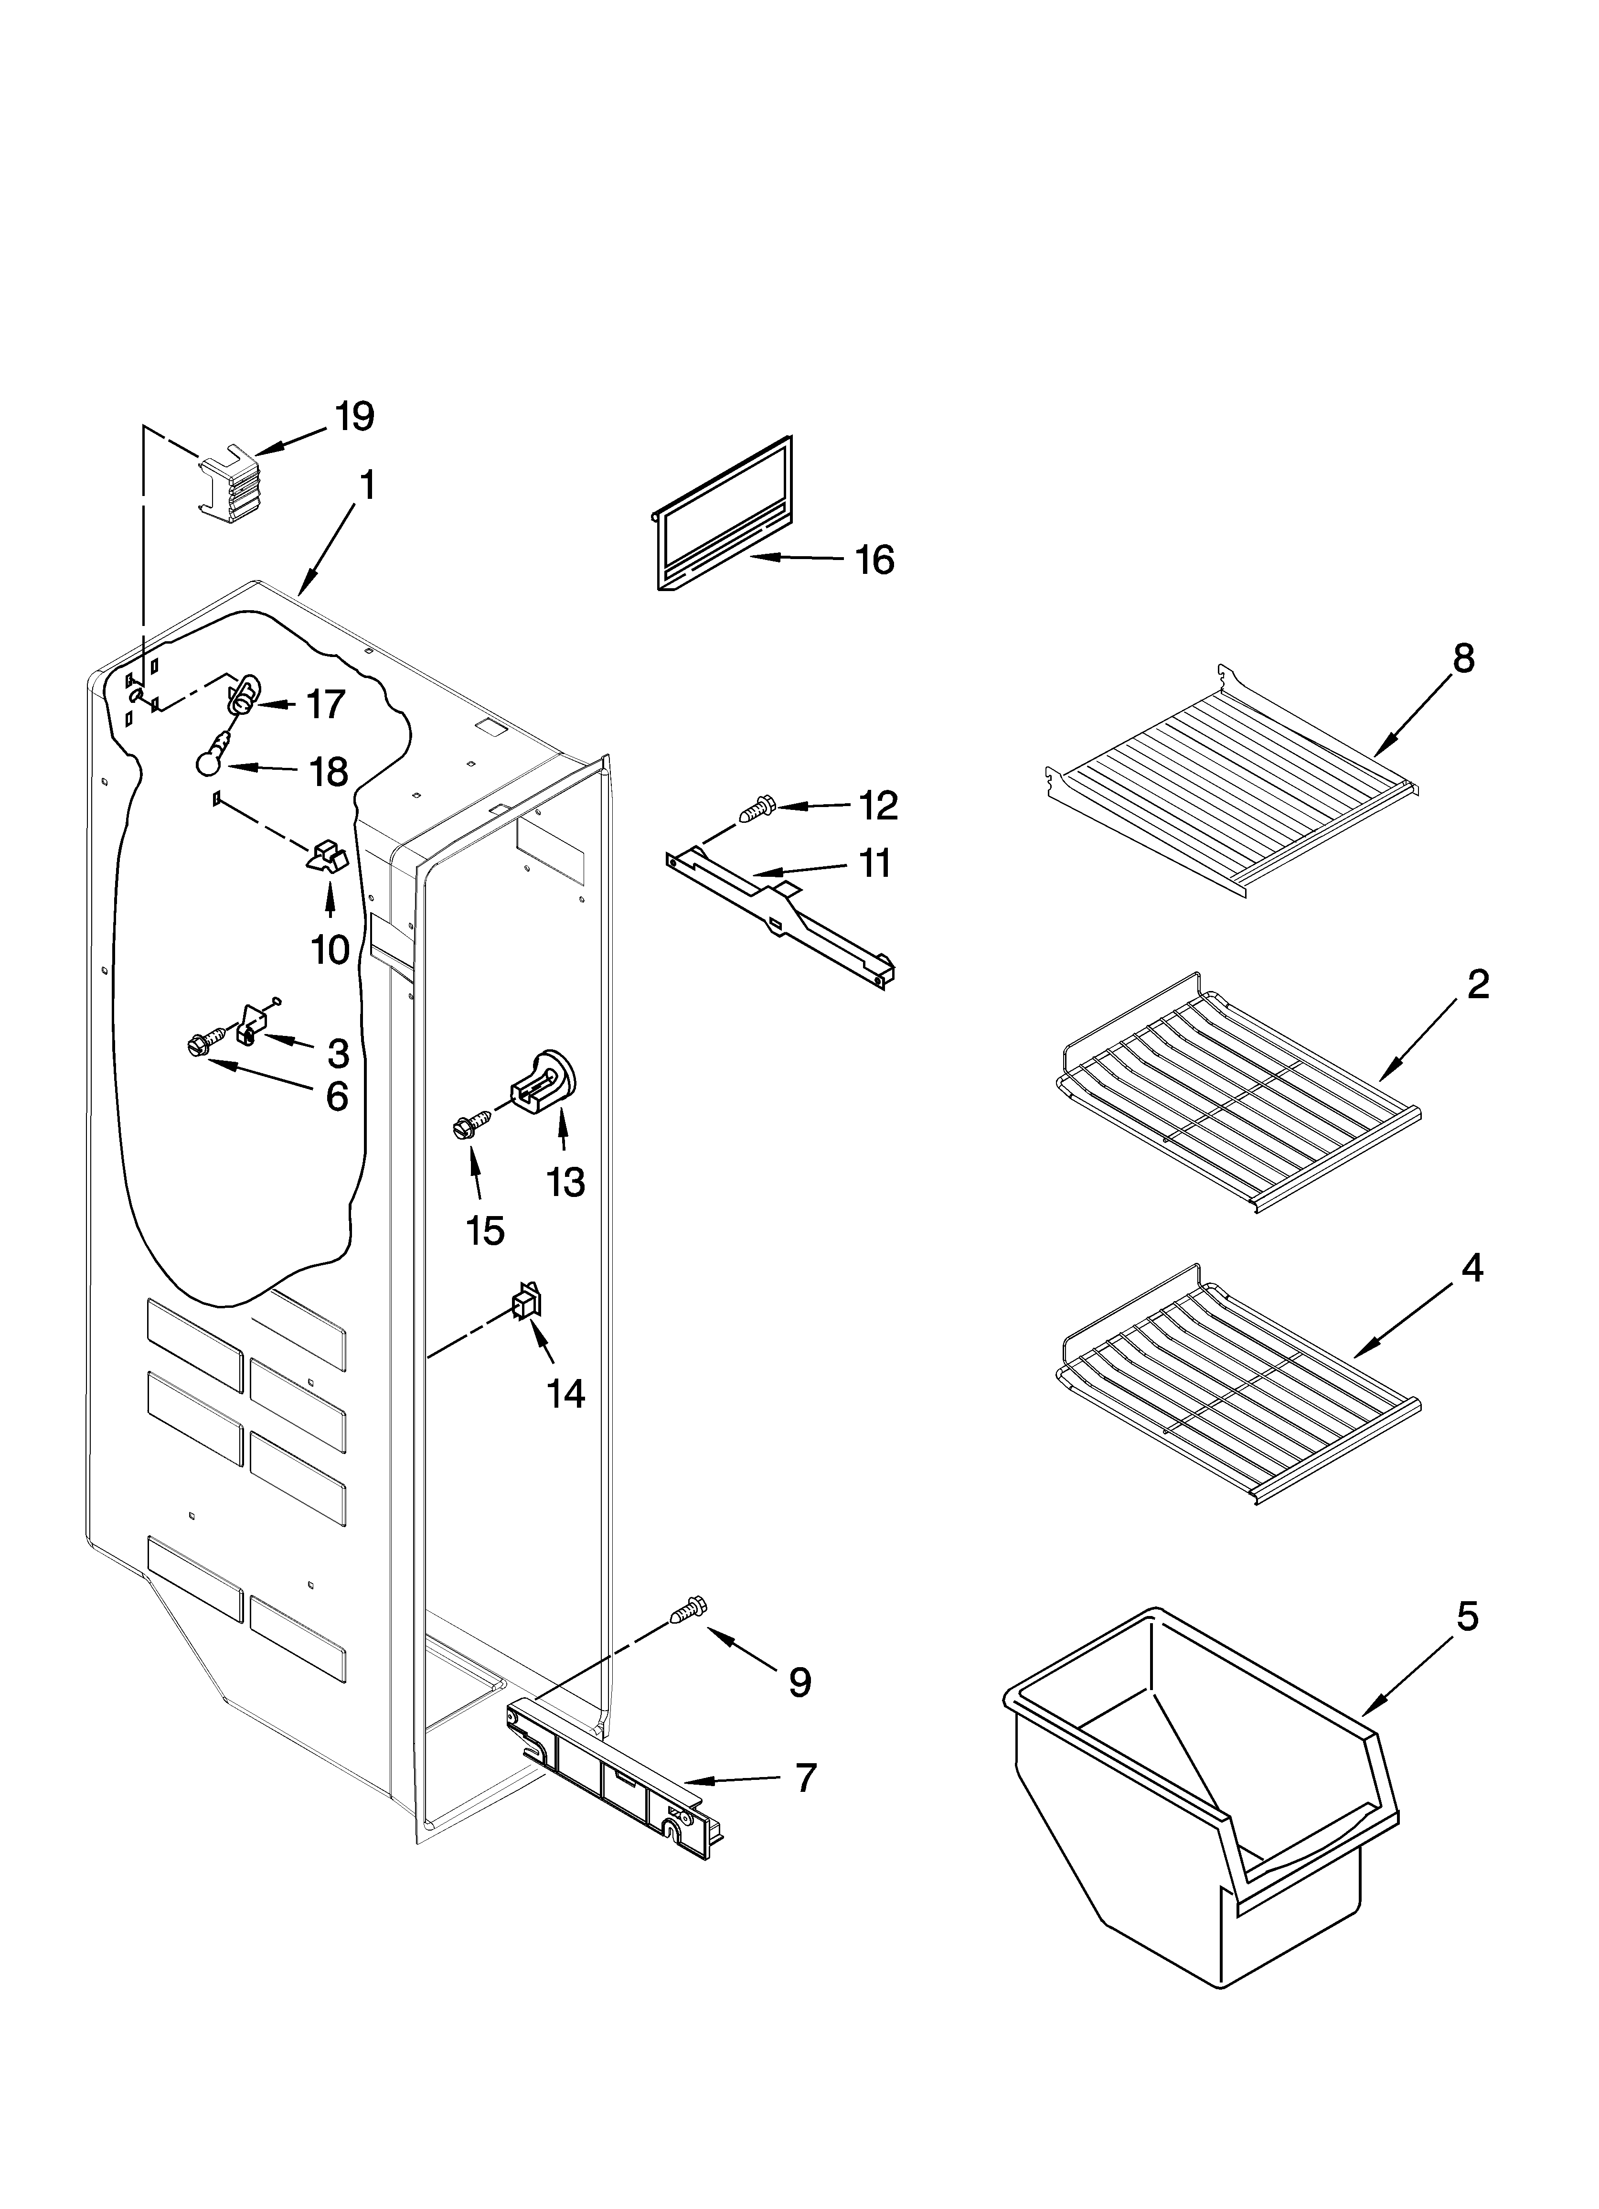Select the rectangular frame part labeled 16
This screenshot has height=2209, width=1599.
(x=722, y=514)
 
